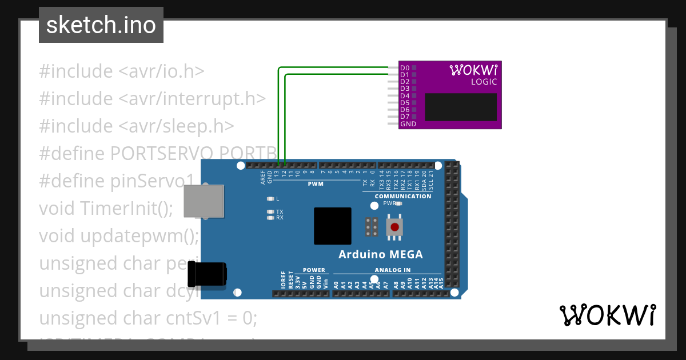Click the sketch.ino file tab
101,25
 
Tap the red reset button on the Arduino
394,227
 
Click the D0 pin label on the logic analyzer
405,68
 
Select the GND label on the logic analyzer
408,124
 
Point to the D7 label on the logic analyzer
405,117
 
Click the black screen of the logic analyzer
461,107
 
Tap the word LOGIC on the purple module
484,82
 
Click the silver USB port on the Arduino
204,201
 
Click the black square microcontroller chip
332,226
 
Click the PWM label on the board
316,184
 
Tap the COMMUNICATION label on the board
403,196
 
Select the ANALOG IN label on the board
393,270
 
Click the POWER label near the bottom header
314,270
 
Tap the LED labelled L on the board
270,199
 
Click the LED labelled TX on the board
270,211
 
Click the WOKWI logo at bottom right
607,315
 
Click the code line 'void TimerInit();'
106,208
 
